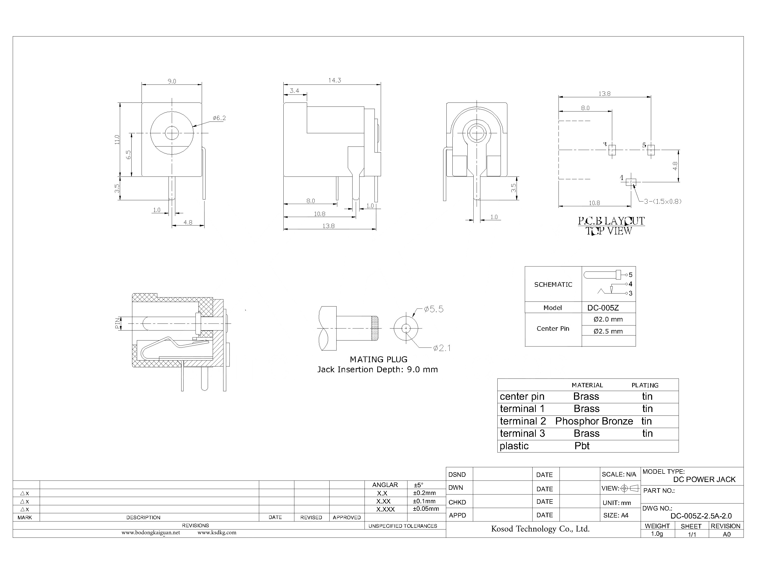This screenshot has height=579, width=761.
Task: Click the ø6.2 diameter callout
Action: pos(219,118)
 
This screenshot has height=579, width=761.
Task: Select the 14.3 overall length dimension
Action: pos(335,80)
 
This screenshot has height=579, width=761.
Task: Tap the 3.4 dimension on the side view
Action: pos(294,91)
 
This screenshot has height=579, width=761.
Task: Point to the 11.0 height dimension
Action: pos(117,139)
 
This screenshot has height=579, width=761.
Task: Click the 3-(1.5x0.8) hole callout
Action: pos(663,201)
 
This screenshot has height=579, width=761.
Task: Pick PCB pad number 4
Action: pos(631,182)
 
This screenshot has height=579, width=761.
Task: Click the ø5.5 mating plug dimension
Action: pos(434,309)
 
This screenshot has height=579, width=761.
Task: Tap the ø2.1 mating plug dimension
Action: pos(442,348)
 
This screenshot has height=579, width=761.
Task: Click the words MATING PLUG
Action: pos(378,359)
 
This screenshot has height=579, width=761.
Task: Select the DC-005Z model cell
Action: pos(603,308)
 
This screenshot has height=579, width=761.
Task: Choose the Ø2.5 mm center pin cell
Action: pos(608,331)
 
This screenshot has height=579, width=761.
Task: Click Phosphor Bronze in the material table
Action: pos(594,421)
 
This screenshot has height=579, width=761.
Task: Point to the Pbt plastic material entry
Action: pos(582,446)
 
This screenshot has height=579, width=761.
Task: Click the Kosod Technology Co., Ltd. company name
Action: pos(540,529)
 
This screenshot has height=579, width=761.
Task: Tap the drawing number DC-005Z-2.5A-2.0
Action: pos(701,516)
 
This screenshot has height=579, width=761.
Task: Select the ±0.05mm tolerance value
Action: pos(426,509)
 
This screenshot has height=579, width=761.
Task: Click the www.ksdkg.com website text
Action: pos(217,532)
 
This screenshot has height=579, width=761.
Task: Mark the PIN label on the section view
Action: pos(117,323)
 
